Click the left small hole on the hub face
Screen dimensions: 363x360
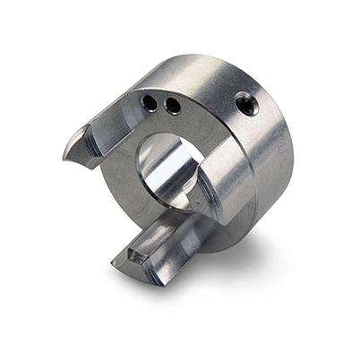tap(150, 104)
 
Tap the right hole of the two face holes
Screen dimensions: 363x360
tap(172, 107)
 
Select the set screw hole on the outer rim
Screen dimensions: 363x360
tap(248, 104)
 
